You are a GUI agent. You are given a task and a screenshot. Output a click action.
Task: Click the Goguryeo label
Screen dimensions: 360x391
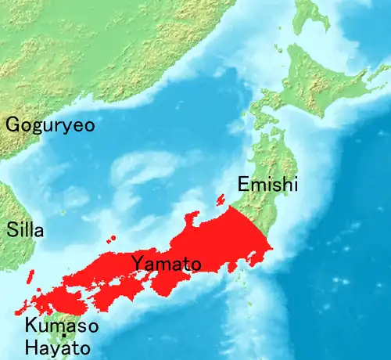tap(51, 125)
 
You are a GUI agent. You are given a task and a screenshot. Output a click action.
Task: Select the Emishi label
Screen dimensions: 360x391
tap(267, 185)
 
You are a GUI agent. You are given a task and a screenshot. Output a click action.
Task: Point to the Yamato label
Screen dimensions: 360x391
tap(166, 263)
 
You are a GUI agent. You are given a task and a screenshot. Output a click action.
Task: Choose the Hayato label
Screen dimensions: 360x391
tap(56, 347)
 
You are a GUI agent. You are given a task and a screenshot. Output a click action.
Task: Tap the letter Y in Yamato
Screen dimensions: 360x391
tap(138, 262)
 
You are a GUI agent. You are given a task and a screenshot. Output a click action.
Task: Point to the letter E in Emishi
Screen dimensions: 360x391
tap(242, 185)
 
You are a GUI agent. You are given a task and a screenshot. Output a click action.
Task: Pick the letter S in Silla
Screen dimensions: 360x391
tap(12, 231)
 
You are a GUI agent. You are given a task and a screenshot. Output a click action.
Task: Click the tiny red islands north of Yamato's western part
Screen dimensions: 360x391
tap(113, 238)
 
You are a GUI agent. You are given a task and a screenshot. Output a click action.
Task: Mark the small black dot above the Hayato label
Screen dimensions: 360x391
tap(63, 337)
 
